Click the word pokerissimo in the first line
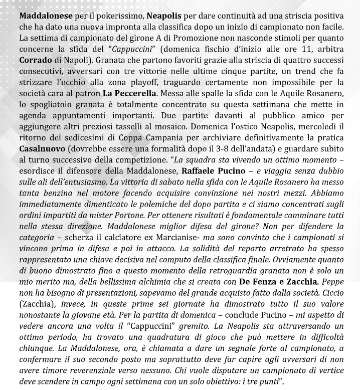pyautogui.click(x=100, y=16)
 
